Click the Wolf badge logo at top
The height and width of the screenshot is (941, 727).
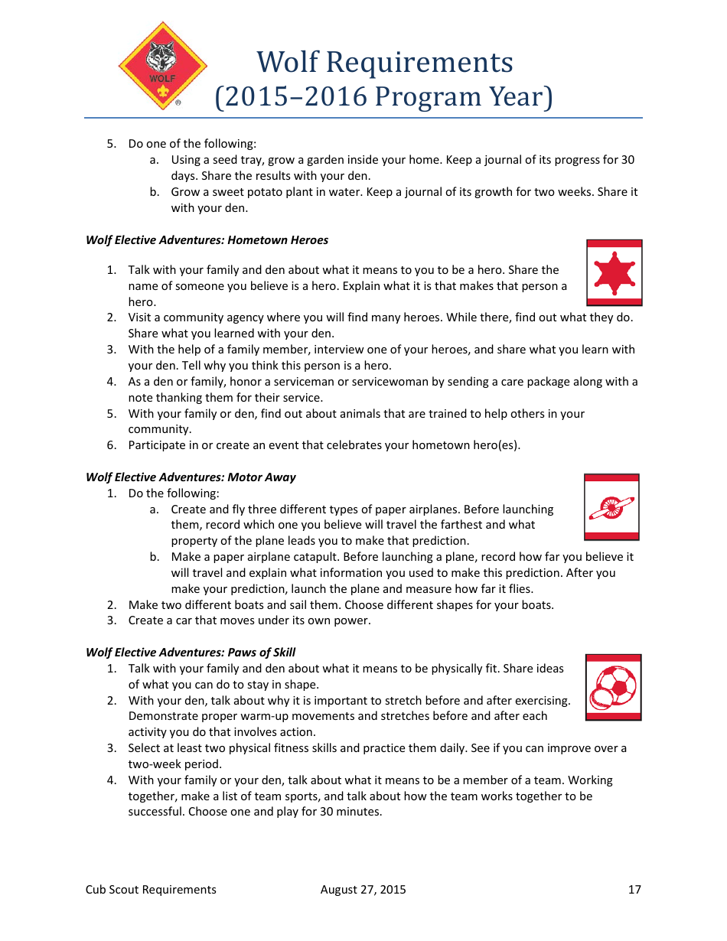162,66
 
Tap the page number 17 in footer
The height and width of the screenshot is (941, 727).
634,889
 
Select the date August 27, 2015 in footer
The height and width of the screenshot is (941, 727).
363,889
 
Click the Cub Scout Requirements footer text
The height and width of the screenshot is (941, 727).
151,889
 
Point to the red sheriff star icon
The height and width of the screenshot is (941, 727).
614,273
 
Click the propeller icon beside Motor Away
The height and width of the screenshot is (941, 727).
611,507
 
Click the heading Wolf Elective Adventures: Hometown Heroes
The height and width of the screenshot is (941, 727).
207,240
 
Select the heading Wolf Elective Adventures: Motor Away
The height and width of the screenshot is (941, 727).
191,477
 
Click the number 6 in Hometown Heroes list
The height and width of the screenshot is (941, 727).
111,445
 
